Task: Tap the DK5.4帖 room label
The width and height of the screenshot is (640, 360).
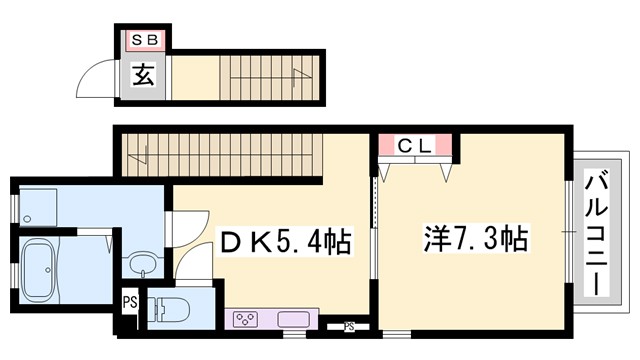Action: (284, 241)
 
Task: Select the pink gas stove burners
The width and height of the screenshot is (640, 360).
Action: (246, 320)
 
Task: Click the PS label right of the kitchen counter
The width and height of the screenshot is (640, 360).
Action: (349, 324)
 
